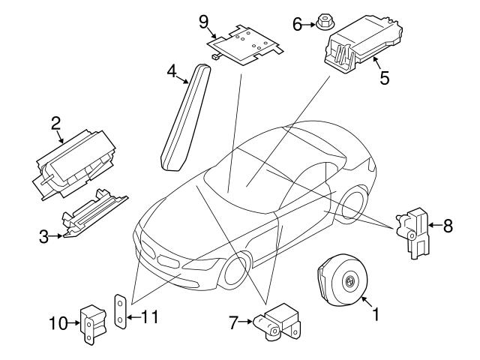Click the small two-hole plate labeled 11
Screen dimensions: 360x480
coord(119,310)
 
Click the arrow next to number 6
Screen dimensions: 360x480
coord(310,25)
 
